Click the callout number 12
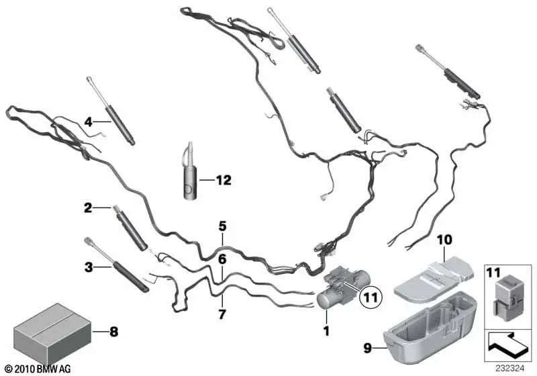tap(224, 180)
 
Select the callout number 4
tap(89, 122)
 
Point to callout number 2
tap(88, 208)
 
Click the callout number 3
tap(89, 267)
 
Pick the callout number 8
tap(113, 332)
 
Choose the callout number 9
tap(367, 348)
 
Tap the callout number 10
tap(444, 240)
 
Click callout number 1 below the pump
tap(326, 331)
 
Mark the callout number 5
tap(223, 226)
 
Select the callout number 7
tap(222, 314)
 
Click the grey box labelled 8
tap(52, 334)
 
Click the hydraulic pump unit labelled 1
tap(343, 288)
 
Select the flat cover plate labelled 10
tap(434, 280)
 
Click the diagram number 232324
tap(509, 369)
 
